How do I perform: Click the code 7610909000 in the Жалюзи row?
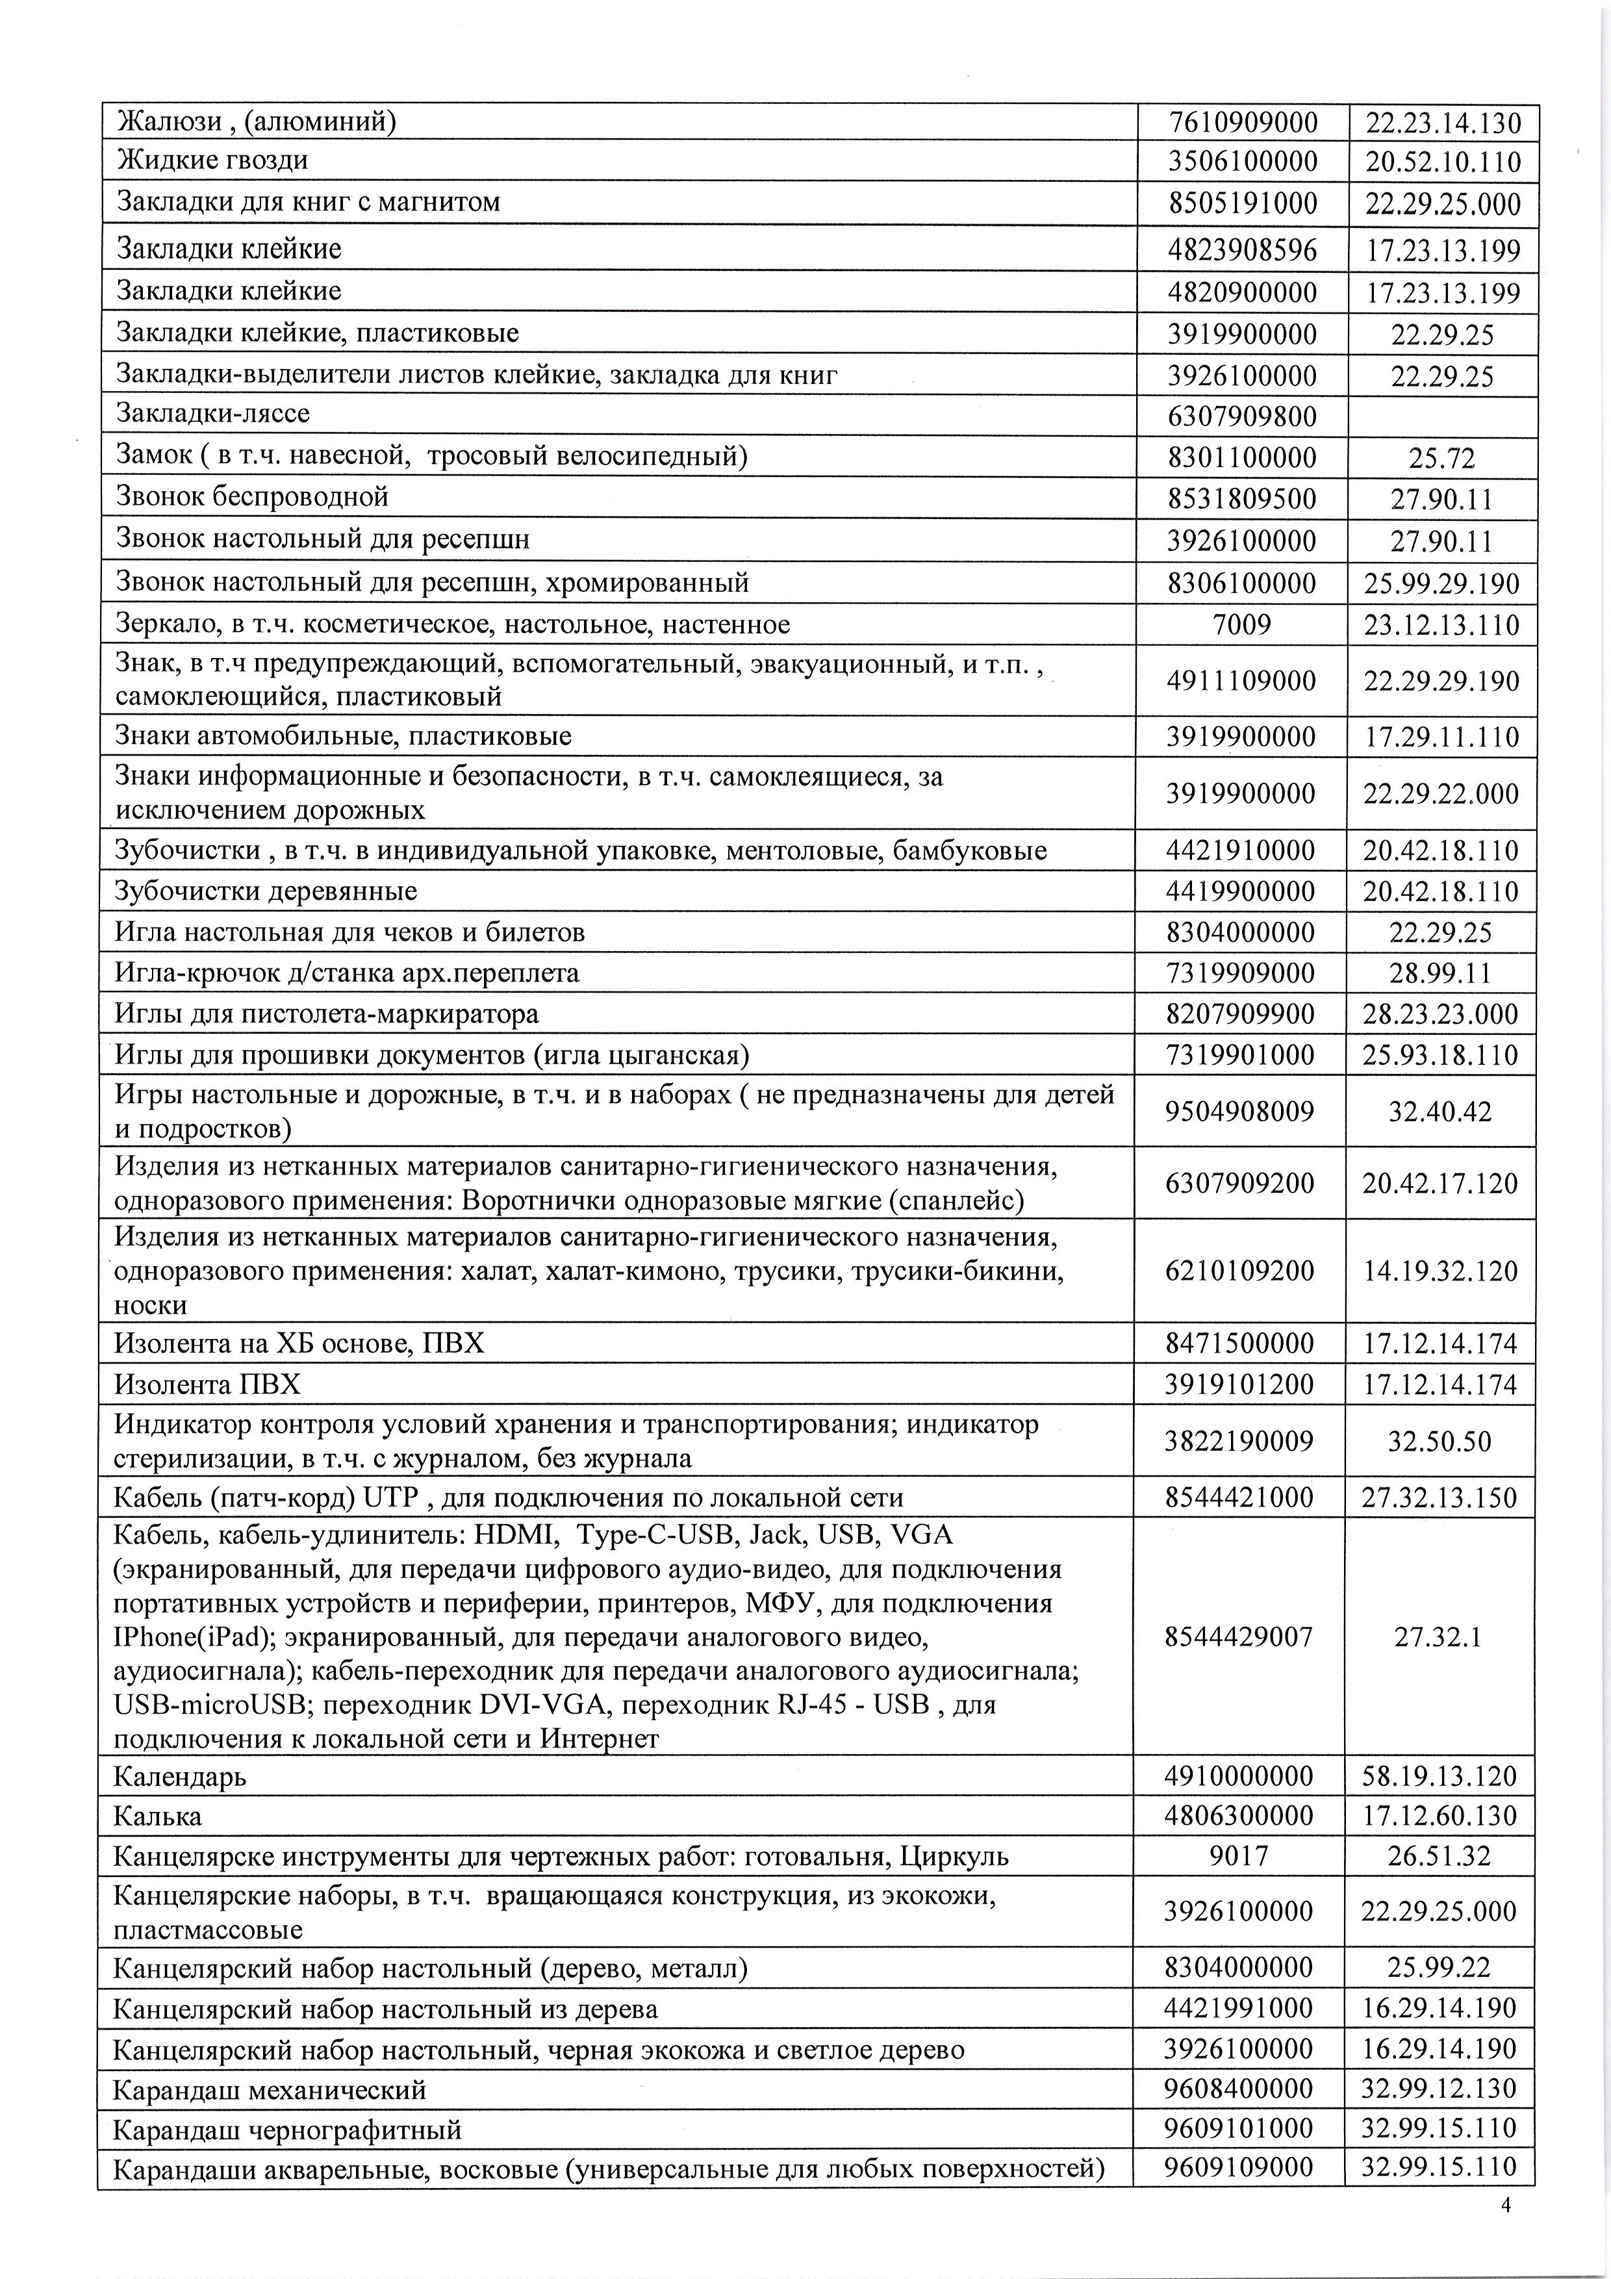click(x=1243, y=122)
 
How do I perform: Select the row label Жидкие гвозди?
click(x=212, y=160)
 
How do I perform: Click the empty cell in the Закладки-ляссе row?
click(x=1442, y=415)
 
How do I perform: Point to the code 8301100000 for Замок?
click(x=1242, y=457)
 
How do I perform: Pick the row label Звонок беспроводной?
click(x=252, y=496)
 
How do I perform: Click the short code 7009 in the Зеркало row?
click(x=1242, y=624)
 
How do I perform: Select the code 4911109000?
click(x=1242, y=681)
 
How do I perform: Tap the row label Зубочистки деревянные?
click(x=266, y=891)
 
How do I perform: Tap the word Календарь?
click(x=180, y=1776)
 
